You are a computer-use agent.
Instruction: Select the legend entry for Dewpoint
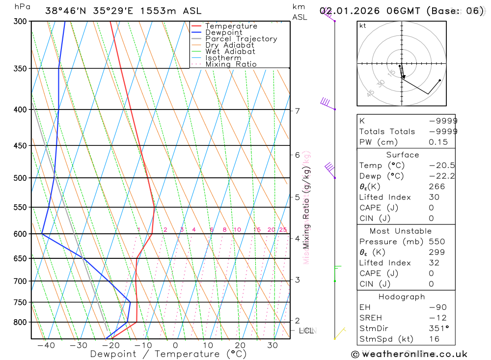point(223,32)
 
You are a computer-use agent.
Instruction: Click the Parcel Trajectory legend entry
point(241,39)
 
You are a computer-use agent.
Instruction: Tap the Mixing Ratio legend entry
point(231,64)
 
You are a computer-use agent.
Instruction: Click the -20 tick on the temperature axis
point(110,345)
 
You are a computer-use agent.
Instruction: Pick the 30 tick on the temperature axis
point(273,345)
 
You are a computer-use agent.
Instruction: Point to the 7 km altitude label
point(297,111)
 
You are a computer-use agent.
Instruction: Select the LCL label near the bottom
point(307,331)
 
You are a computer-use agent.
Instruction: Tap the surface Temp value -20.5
point(441,166)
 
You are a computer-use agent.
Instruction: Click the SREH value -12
point(438,318)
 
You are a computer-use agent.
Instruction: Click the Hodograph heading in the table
point(402,297)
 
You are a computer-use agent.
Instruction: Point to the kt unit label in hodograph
point(363,26)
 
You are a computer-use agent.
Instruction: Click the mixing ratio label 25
point(283,230)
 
